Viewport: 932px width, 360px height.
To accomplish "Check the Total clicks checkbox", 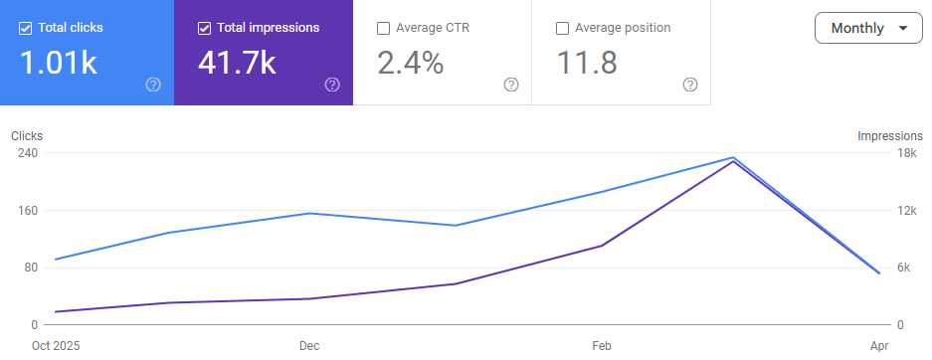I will [26, 28].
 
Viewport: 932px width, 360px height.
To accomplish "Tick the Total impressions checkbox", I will [205, 28].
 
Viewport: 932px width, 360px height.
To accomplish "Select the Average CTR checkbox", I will [384, 28].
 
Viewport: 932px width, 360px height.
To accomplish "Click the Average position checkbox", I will [563, 28].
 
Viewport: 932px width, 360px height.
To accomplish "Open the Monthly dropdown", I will [868, 28].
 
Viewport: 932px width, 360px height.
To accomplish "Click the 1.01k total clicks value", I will [59, 64].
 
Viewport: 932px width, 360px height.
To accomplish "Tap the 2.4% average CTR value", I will [410, 64].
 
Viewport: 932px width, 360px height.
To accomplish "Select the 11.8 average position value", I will [587, 64].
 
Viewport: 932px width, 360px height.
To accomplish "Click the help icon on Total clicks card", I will [153, 85].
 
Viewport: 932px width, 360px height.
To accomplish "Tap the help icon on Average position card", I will [690, 85].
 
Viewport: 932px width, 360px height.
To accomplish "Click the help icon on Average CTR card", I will [511, 85].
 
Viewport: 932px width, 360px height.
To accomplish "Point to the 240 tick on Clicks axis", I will [27, 153].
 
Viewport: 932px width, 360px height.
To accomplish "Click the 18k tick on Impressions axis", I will [906, 153].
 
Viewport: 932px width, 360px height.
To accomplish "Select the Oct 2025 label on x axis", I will [56, 345].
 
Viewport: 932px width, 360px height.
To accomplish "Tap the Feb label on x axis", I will [601, 345].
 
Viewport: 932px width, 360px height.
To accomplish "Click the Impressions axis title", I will [890, 136].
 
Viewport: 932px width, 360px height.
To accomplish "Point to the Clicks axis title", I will [27, 136].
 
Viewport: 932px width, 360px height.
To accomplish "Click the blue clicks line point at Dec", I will [309, 213].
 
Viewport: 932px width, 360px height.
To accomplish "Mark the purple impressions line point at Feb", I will [601, 246].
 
